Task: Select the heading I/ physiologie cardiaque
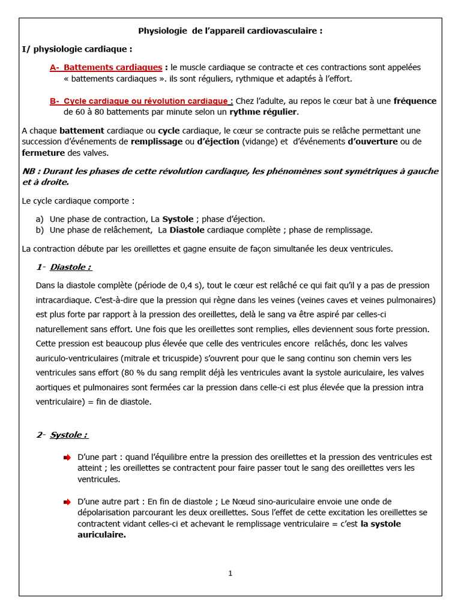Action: coord(77,49)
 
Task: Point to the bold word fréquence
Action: coord(415,101)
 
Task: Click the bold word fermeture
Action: coord(43,152)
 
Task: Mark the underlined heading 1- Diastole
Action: coord(64,267)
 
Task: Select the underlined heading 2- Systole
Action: coord(62,435)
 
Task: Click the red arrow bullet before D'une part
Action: coord(67,458)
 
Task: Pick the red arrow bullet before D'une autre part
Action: coord(67,502)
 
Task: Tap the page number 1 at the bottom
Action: coord(230,573)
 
